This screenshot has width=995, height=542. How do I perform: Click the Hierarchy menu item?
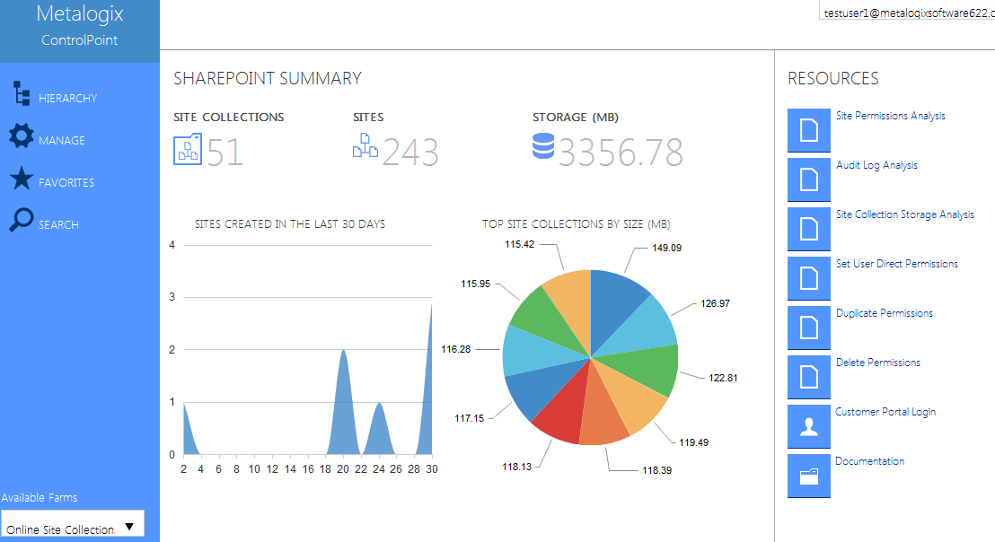coord(67,98)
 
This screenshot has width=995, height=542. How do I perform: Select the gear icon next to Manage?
coord(21,136)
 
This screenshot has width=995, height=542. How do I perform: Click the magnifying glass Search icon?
coord(21,220)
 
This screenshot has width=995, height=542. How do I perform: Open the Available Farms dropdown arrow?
coord(129,527)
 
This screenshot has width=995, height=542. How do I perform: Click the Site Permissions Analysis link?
coord(890,116)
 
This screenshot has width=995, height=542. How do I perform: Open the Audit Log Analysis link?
coord(876,165)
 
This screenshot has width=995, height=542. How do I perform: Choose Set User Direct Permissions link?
coord(896,264)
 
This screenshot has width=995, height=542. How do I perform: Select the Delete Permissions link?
coord(877,363)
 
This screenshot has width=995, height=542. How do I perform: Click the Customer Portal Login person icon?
coord(809,426)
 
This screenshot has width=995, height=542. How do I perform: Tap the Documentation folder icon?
coord(809,476)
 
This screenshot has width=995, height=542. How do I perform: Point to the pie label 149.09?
coord(665,248)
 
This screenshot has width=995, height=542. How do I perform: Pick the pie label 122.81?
coord(723,378)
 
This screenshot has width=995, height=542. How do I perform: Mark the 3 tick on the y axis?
coord(172,297)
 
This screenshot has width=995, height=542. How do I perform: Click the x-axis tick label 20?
coord(343,468)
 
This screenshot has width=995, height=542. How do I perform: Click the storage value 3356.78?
coord(621,153)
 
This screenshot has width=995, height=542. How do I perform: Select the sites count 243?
coord(410,153)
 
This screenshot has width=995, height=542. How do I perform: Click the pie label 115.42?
coord(520,244)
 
